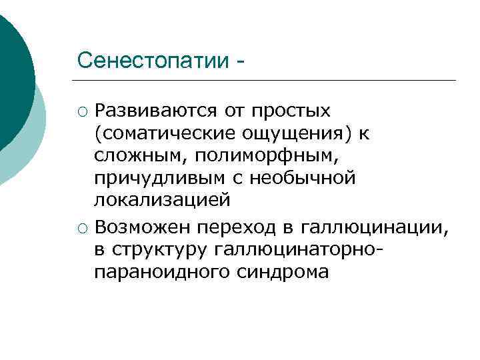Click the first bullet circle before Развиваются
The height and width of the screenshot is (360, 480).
coord(82,110)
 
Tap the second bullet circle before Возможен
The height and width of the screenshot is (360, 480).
coord(82,228)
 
